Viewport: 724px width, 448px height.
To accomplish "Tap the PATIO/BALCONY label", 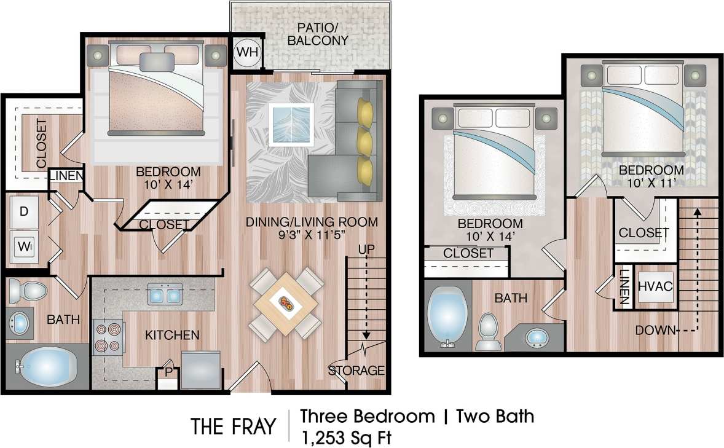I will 323,34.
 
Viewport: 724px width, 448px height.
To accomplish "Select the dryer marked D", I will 25,212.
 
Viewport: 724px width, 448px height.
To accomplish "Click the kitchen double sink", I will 164,296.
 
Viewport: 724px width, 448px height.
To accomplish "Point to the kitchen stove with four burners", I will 108,339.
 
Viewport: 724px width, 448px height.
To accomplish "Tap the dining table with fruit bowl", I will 286,304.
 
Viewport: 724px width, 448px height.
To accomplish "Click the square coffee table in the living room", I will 293,124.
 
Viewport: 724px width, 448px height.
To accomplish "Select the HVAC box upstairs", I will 656,286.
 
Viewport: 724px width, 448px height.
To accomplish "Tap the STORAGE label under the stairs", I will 356,371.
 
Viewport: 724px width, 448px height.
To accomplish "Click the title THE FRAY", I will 233,426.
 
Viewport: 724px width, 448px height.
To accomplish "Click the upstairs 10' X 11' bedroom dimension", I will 651,183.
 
